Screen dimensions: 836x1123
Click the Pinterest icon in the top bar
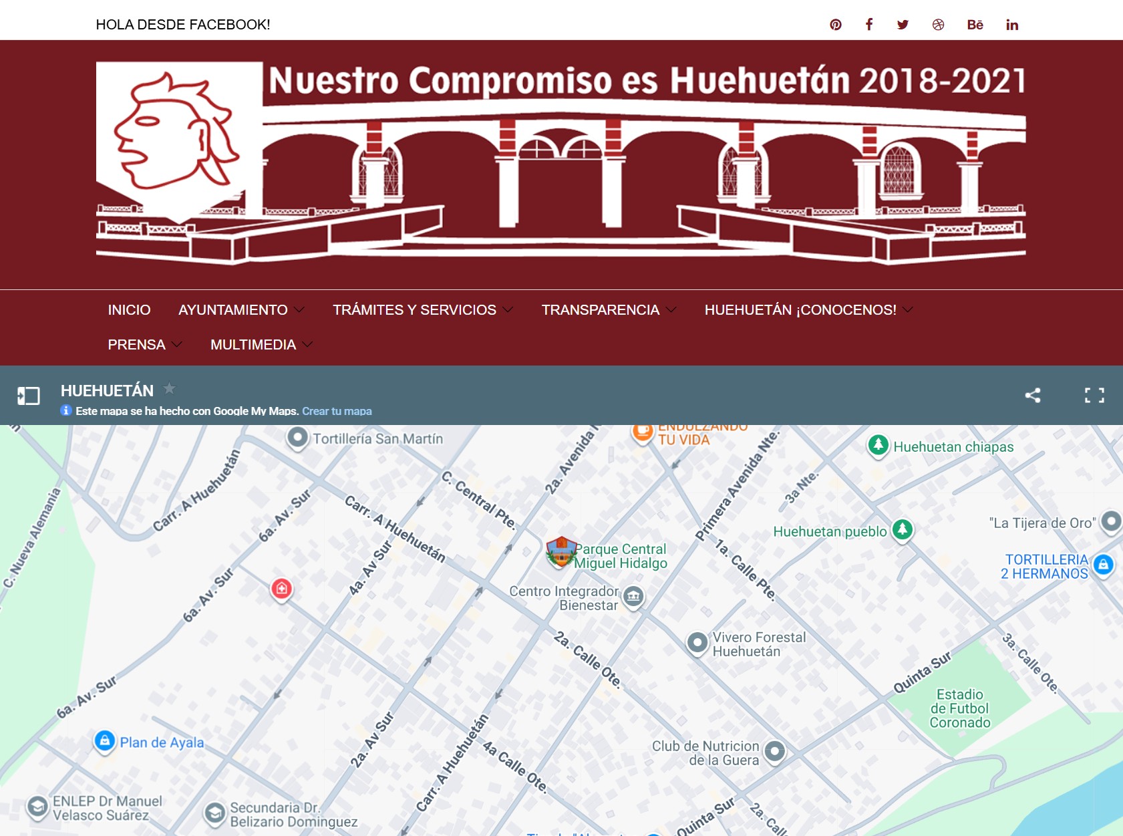(836, 25)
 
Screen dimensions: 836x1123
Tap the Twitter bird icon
(903, 25)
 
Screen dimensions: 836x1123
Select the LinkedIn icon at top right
(1012, 25)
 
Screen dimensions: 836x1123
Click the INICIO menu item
(129, 310)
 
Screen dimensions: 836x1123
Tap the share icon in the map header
(1033, 395)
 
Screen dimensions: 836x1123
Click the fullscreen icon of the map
(1094, 395)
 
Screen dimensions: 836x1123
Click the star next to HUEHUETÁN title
(170, 388)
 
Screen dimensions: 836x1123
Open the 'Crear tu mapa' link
(337, 411)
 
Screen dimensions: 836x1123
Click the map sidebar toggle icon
(29, 396)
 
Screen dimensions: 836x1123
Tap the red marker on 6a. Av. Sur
(281, 588)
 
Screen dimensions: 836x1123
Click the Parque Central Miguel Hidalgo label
(620, 556)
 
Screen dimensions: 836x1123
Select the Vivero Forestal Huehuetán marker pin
(697, 643)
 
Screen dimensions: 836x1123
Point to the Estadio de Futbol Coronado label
(959, 708)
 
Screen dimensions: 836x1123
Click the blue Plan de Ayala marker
(105, 740)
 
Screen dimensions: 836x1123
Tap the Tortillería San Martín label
(377, 439)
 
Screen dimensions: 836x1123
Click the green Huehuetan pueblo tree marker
(903, 530)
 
